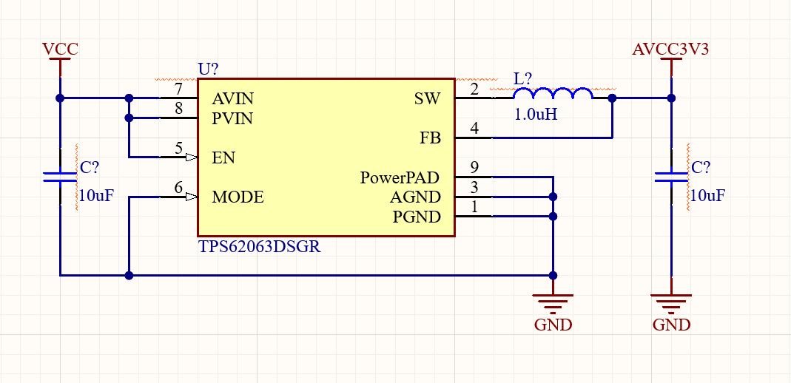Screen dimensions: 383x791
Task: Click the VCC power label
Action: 60,50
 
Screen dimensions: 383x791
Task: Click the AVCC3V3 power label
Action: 670,50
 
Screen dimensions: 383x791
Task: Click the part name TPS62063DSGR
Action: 259,247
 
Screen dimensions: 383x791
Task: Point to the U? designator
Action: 208,70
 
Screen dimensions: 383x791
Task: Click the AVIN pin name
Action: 232,98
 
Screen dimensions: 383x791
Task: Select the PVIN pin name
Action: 232,118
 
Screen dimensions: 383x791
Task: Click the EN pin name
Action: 223,157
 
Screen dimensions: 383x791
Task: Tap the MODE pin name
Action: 238,197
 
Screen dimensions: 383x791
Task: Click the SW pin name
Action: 428,98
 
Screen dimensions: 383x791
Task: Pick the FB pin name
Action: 430,138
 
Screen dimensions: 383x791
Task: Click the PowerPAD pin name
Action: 400,178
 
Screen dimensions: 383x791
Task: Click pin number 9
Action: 474,168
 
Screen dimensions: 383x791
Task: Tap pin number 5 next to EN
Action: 178,148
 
